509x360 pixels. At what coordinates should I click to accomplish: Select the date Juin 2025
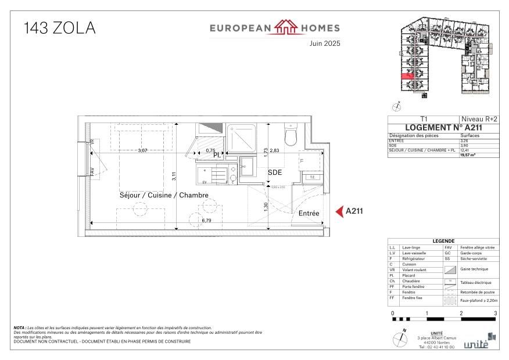[324, 44]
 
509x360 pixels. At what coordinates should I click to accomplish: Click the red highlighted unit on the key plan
[407, 75]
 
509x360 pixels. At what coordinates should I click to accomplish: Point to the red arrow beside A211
[339, 212]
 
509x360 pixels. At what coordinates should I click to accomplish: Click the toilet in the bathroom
[291, 135]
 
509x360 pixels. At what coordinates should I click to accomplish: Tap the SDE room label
[275, 172]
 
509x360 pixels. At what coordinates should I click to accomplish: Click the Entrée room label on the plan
[309, 214]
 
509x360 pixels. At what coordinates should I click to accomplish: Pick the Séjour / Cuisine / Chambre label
[164, 196]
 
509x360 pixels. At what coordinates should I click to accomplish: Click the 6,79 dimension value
[206, 221]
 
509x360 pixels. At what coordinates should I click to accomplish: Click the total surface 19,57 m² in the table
[468, 155]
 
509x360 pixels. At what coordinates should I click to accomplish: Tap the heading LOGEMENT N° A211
[443, 128]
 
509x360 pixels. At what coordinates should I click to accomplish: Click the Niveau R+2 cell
[478, 118]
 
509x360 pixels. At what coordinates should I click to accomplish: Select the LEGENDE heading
[443, 242]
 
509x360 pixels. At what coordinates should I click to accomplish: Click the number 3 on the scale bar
[495, 314]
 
